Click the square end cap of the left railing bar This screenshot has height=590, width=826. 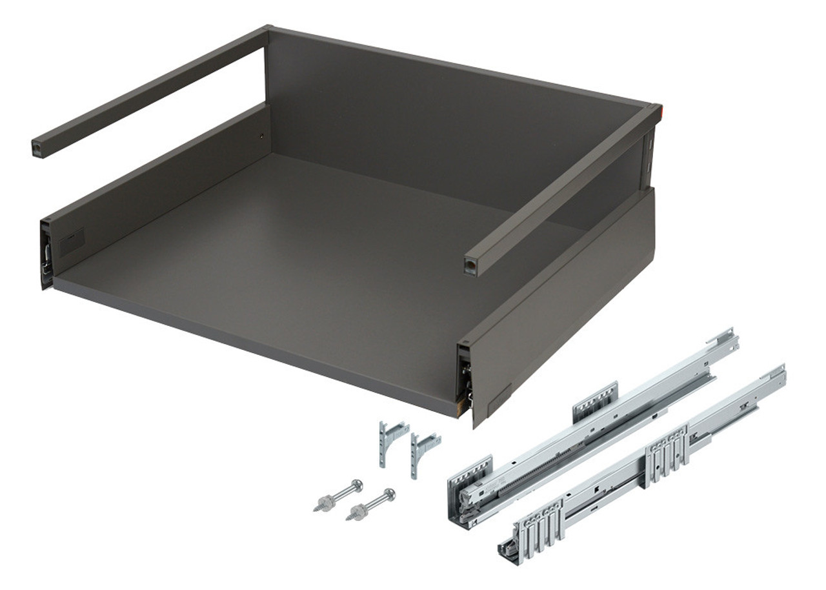(x=37, y=148)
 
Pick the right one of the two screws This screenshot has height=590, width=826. (x=370, y=504)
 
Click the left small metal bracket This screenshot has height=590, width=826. (x=390, y=440)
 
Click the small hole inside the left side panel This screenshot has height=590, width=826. (x=261, y=136)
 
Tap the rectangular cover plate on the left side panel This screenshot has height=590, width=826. (x=72, y=242)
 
